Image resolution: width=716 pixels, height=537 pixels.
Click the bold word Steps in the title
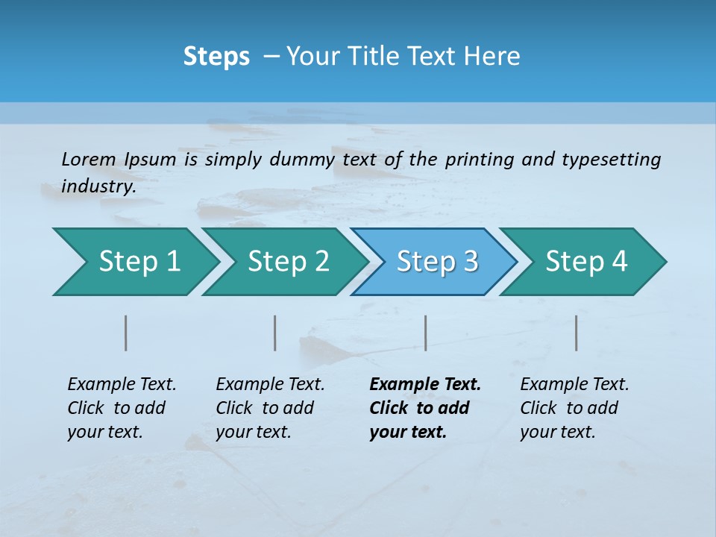pyautogui.click(x=216, y=57)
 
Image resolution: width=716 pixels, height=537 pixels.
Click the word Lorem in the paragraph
pyautogui.click(x=88, y=160)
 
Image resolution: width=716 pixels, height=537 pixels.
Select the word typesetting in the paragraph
pyautogui.click(x=611, y=160)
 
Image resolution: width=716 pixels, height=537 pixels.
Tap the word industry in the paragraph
pyautogui.click(x=98, y=186)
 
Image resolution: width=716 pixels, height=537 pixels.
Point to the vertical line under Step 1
pyautogui.click(x=126, y=333)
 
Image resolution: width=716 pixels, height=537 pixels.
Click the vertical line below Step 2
pyautogui.click(x=275, y=333)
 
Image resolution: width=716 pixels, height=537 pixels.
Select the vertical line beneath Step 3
pyautogui.click(x=425, y=333)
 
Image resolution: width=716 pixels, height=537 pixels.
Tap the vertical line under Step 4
pyautogui.click(x=577, y=333)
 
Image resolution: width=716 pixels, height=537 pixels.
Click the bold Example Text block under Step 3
pyautogui.click(x=424, y=408)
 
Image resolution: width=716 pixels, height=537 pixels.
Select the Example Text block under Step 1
pyautogui.click(x=122, y=408)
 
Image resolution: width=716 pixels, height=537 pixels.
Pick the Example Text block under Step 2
pyautogui.click(x=270, y=408)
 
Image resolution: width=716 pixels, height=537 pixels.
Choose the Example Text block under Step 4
pyautogui.click(x=574, y=408)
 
